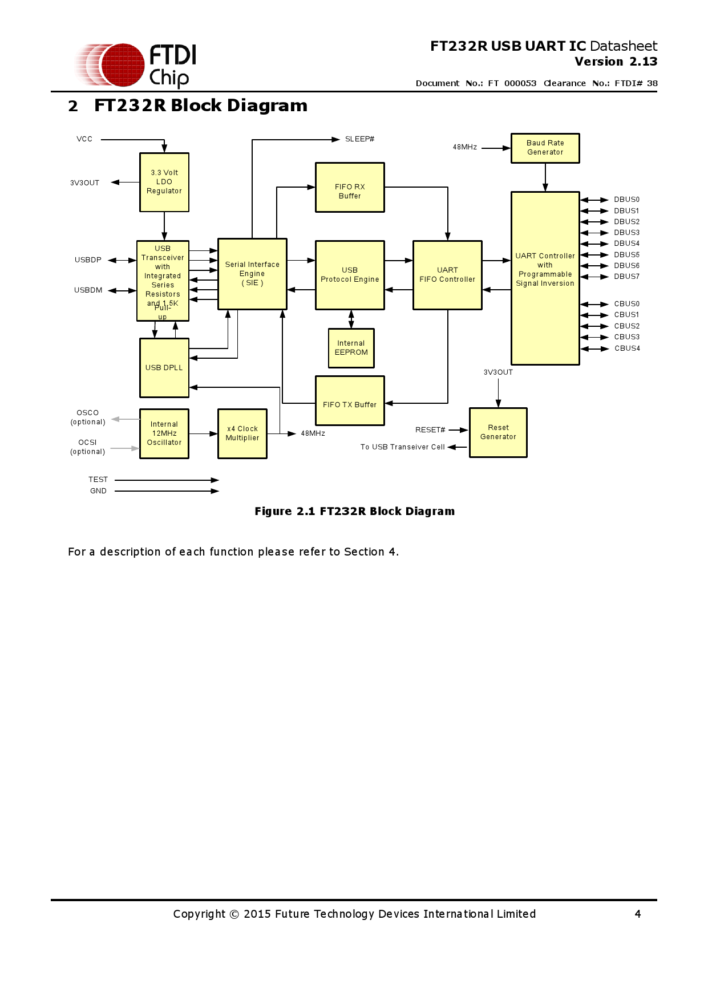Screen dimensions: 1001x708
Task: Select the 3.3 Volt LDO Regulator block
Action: point(164,182)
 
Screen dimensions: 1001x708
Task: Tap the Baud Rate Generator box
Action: point(545,148)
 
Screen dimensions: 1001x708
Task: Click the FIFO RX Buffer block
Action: point(350,187)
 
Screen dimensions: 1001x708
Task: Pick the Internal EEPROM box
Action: point(351,348)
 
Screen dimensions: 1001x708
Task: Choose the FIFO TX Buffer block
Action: point(350,400)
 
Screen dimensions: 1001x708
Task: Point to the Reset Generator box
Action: point(498,432)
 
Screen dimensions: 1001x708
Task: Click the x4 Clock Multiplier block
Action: point(242,433)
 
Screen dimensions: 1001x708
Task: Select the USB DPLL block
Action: point(164,367)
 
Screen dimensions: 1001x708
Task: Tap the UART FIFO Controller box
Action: point(447,275)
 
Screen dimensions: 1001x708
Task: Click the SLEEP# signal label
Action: point(359,139)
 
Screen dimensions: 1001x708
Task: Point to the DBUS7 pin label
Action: point(626,277)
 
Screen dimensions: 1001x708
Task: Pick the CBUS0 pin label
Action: point(626,304)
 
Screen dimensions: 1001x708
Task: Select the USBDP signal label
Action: point(88,260)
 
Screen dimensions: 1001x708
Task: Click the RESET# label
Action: point(430,430)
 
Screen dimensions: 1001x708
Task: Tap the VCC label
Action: point(84,139)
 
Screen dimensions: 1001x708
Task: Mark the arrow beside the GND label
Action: point(167,491)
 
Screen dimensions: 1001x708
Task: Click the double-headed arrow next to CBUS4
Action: point(594,348)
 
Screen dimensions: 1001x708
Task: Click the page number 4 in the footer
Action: point(638,914)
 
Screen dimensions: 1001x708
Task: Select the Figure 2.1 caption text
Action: point(354,512)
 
